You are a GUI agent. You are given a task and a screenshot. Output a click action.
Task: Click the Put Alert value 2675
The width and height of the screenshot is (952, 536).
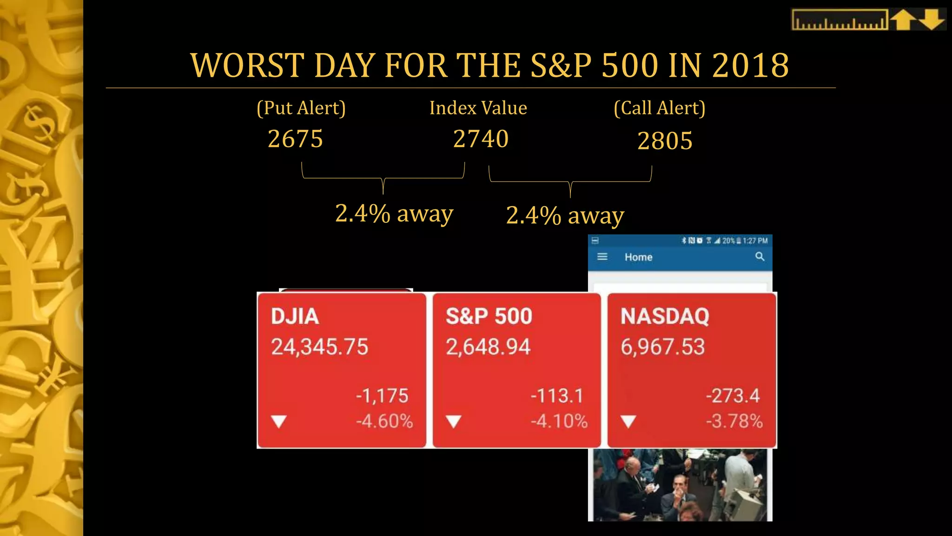click(x=295, y=139)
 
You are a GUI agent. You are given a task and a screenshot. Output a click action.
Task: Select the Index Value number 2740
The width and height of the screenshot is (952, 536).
click(x=481, y=139)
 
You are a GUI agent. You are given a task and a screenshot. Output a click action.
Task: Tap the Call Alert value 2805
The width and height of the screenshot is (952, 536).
click(x=665, y=141)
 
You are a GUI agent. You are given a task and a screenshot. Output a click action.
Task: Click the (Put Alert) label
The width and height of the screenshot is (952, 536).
click(x=301, y=108)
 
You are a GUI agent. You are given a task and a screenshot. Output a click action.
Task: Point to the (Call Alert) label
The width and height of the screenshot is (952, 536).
click(x=659, y=108)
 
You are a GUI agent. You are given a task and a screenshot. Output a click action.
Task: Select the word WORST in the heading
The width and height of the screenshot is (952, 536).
click(x=247, y=65)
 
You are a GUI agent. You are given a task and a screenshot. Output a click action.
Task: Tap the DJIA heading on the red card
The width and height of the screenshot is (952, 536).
click(x=295, y=316)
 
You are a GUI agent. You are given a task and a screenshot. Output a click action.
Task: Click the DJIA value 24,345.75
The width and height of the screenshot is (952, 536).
click(x=319, y=347)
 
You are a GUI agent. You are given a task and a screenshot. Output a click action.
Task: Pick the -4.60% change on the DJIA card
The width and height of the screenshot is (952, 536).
click(x=384, y=421)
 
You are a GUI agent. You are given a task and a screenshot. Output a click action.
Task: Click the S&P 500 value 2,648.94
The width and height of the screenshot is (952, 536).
click(x=488, y=347)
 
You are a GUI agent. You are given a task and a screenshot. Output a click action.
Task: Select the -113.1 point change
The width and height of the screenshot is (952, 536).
click(x=556, y=396)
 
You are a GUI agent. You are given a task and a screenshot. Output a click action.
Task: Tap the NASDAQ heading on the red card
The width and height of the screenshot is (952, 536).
click(x=665, y=316)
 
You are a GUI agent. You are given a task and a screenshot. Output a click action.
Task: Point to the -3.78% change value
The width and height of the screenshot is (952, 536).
click(x=734, y=421)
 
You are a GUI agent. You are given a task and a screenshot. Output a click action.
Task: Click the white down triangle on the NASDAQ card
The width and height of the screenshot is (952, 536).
click(x=628, y=422)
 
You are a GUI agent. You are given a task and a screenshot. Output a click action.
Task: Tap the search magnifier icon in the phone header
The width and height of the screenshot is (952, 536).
click(x=760, y=256)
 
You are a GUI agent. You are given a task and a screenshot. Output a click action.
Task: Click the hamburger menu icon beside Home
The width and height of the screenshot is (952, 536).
click(x=602, y=256)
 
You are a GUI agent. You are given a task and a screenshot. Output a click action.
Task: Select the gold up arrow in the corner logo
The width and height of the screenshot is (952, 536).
click(x=903, y=20)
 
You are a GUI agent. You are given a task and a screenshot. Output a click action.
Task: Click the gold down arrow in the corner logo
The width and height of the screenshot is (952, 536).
click(x=932, y=20)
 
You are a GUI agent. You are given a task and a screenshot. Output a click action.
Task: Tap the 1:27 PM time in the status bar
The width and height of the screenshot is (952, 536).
click(x=755, y=241)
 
